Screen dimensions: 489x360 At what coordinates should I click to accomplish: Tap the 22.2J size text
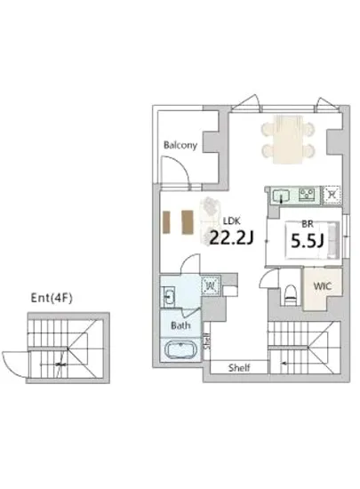[231, 236]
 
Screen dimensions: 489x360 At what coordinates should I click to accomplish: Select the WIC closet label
[320, 287]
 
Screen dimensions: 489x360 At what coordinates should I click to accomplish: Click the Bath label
[180, 325]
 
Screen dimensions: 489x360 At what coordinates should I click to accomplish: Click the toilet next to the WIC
[289, 290]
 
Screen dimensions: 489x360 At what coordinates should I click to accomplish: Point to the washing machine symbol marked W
[211, 287]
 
